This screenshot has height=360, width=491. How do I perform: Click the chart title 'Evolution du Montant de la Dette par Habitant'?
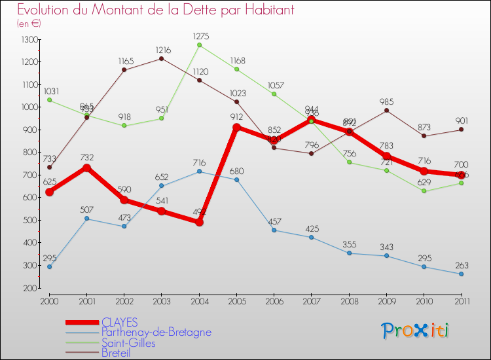155,10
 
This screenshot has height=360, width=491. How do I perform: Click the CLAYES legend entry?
119,322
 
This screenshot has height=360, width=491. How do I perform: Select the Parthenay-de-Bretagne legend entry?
156,333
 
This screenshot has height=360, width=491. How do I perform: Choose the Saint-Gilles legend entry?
128,343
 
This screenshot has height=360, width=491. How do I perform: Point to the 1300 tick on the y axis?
29,40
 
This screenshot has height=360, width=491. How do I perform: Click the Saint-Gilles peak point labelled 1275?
199,45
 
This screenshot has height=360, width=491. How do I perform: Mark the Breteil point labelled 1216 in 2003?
162,58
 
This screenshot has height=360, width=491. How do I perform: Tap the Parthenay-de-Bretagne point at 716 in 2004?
199,171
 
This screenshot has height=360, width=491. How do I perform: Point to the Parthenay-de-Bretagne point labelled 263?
461,274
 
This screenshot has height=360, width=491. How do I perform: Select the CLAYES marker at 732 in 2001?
86,168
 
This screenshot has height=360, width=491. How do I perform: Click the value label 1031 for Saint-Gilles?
50,91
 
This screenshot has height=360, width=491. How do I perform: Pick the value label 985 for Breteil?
386,101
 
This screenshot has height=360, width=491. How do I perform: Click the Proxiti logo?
416,331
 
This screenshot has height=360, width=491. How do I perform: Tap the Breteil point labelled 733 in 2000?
49,168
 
